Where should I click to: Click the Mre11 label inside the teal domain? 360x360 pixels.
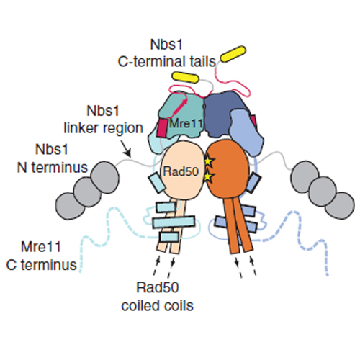click(x=186, y=124)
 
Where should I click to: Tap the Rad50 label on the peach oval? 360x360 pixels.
click(x=181, y=171)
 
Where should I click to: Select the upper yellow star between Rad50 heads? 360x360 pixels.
click(x=208, y=161)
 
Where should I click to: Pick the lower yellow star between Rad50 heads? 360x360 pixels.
click(x=208, y=177)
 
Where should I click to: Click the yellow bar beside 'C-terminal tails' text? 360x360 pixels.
click(x=233, y=54)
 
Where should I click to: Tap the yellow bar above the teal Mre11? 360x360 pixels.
click(x=185, y=77)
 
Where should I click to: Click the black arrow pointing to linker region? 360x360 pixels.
click(x=125, y=149)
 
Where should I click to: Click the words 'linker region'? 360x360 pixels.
click(x=104, y=128)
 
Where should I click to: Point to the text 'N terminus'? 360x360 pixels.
click(x=53, y=167)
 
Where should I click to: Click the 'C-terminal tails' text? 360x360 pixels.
click(x=167, y=61)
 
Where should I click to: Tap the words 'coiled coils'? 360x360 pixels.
click(x=158, y=305)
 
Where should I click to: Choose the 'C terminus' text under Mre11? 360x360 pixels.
click(x=41, y=265)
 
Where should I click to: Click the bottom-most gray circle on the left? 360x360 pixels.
click(x=70, y=206)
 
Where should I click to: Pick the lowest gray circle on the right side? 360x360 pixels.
click(x=340, y=205)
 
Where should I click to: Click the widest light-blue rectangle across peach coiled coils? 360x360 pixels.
click(x=174, y=222)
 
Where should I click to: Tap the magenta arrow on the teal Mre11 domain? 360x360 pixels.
click(x=179, y=107)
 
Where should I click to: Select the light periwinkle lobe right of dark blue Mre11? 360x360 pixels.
click(x=246, y=132)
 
